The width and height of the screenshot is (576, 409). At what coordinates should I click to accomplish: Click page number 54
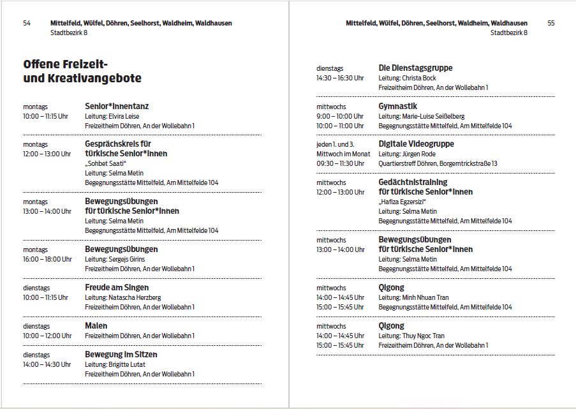pyautogui.click(x=27, y=23)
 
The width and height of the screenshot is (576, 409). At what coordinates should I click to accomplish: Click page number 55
pyautogui.click(x=551, y=23)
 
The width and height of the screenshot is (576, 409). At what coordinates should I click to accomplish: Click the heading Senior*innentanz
pyautogui.click(x=117, y=106)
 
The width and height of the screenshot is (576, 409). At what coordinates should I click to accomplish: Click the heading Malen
pyautogui.click(x=96, y=326)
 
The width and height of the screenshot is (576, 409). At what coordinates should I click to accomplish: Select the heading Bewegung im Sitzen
pyautogui.click(x=121, y=354)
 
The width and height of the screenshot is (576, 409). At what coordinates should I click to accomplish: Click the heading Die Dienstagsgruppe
pyautogui.click(x=415, y=68)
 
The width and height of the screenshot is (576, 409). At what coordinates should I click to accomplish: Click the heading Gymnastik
pyautogui.click(x=398, y=106)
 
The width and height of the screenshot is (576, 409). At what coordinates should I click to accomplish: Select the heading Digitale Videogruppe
pyautogui.click(x=417, y=144)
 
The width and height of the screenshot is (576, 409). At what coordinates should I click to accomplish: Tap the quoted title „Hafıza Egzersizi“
pyautogui.click(x=402, y=202)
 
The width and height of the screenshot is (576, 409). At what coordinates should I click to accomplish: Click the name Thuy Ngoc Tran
pyautogui.click(x=424, y=336)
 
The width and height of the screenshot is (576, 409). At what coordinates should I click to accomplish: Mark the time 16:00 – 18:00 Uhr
pyautogui.click(x=47, y=259)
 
